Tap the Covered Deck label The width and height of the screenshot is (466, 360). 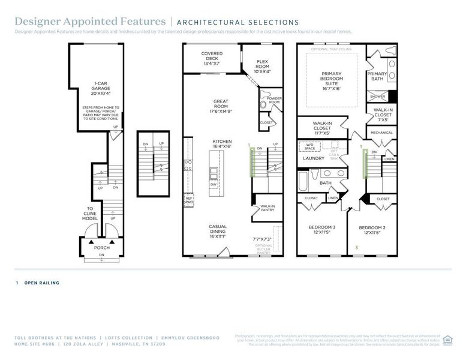212,58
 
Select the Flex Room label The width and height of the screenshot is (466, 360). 262,66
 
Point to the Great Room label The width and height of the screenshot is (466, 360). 221,106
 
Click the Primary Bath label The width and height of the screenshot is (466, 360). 377,76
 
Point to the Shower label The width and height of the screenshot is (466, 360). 377,96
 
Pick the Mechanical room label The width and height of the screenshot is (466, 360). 381,133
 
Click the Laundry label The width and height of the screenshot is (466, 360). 313,158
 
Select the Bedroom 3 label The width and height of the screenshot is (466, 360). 322,230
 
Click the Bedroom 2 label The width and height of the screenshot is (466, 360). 372,230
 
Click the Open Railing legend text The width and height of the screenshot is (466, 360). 42,283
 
